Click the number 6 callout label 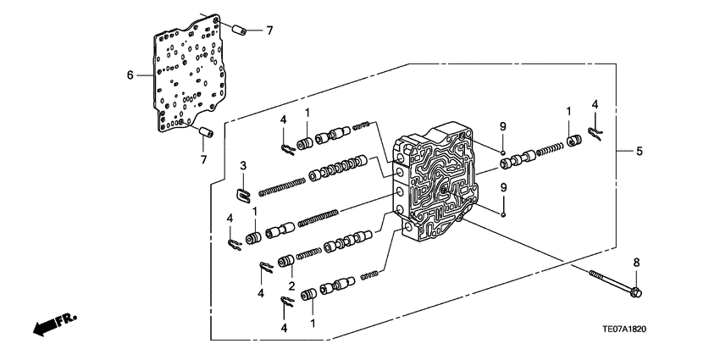click(130, 75)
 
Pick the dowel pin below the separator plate click(205, 131)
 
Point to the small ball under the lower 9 click(502, 214)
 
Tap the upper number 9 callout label click(502, 126)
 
